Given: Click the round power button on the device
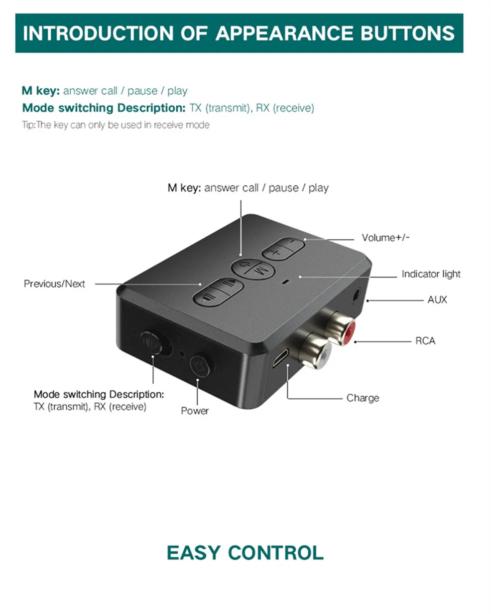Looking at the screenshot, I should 201,366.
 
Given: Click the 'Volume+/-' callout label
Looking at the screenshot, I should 385,238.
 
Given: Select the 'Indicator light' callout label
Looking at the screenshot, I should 431,274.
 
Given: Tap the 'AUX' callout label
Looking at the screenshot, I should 437,300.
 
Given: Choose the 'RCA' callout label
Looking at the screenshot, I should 425,341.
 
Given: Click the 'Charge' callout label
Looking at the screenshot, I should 363,398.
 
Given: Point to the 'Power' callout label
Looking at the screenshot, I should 195,411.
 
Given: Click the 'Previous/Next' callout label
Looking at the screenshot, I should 54,284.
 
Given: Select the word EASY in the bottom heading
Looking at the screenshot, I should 193,553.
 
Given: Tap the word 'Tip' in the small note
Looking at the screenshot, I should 28,125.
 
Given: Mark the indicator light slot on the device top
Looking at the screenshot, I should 285,282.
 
